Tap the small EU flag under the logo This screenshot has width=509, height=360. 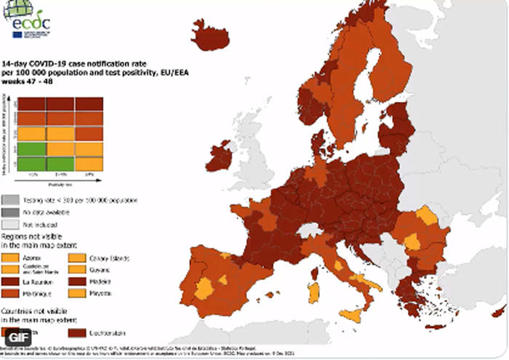[x=17, y=33]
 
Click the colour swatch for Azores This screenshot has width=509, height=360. [x=10, y=256]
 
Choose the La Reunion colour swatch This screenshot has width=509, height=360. [x=10, y=279]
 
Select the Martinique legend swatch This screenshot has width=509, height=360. [x=10, y=292]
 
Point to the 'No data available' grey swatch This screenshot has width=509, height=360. [x=10, y=211]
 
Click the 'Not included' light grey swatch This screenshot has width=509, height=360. [x=10, y=224]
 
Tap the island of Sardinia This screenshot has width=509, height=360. [x=314, y=292]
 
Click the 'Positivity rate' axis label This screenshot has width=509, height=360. [x=60, y=182]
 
